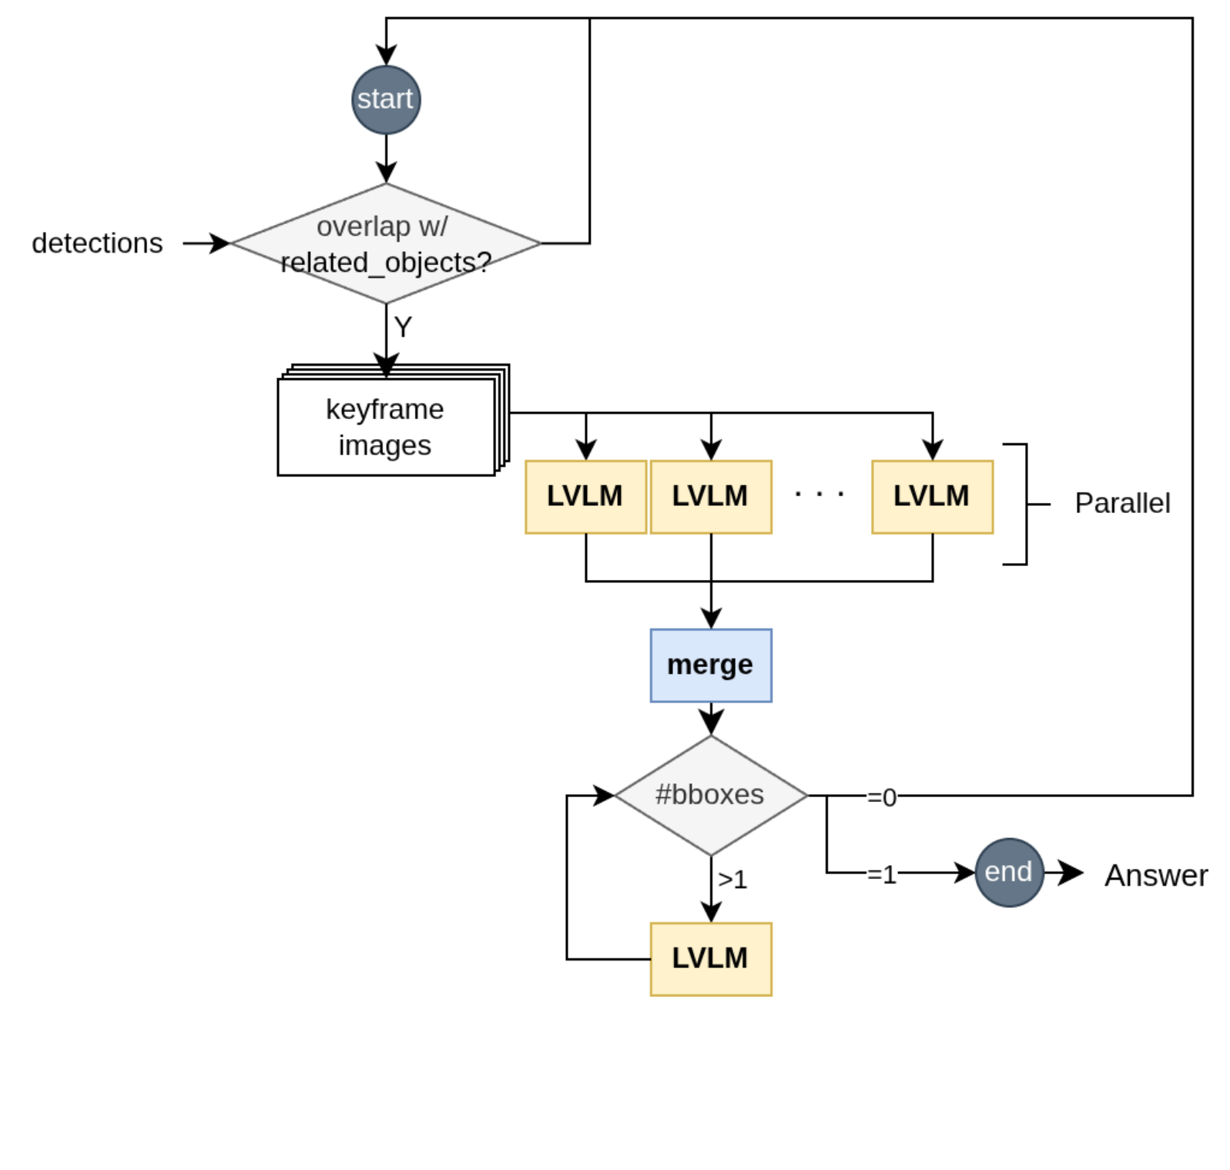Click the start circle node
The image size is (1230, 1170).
[386, 100]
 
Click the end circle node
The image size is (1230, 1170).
[1008, 872]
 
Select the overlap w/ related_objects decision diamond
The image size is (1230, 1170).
[386, 243]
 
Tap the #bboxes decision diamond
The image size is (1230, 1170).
[710, 795]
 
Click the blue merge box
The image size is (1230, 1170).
[710, 665]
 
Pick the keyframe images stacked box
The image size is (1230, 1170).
[386, 427]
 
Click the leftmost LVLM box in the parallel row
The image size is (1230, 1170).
[585, 497]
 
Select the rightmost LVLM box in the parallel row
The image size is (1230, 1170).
[932, 497]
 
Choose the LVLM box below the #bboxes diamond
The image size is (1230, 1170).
[710, 959]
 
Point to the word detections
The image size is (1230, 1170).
[97, 243]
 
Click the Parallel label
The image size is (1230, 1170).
[1122, 504]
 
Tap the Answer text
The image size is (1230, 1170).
[1155, 876]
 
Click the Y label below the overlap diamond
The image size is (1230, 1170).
[403, 327]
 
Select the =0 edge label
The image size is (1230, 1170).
[882, 797]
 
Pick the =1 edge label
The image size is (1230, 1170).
[882, 875]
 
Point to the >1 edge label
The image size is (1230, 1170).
[732, 880]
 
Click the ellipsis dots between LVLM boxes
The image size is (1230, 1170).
[819, 494]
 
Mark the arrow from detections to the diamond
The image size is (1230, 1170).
[206, 243]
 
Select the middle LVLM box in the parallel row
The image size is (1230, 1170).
[710, 497]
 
